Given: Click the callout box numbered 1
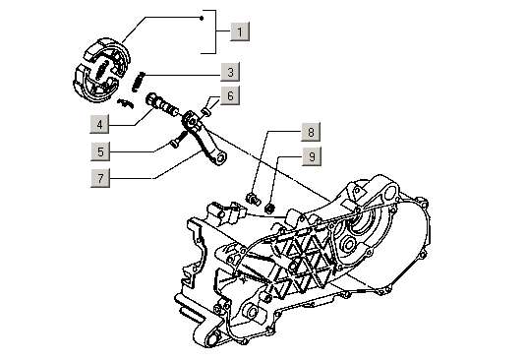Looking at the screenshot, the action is (x=240, y=31).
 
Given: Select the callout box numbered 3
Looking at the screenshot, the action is (x=230, y=72).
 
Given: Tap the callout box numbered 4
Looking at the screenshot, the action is (x=99, y=124).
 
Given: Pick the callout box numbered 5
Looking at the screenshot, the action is (x=100, y=151).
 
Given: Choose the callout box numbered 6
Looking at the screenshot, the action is (x=230, y=95).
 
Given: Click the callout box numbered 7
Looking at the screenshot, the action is (x=100, y=178).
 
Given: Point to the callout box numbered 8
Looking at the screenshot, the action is (x=311, y=132).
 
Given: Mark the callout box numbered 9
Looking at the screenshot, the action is (x=312, y=156).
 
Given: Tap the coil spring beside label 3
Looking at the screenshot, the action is (x=138, y=82).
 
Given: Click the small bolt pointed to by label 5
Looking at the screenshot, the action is (x=178, y=140).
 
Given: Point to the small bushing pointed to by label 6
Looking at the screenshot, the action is (x=206, y=112).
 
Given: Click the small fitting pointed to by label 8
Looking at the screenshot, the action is (x=253, y=199).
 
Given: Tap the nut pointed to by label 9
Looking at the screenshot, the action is (x=269, y=208).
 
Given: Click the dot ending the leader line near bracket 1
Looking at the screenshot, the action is (x=202, y=18).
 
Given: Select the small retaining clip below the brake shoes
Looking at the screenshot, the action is (x=126, y=103).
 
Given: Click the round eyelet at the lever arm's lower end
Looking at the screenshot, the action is (x=220, y=158).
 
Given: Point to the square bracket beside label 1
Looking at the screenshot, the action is (x=215, y=31).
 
